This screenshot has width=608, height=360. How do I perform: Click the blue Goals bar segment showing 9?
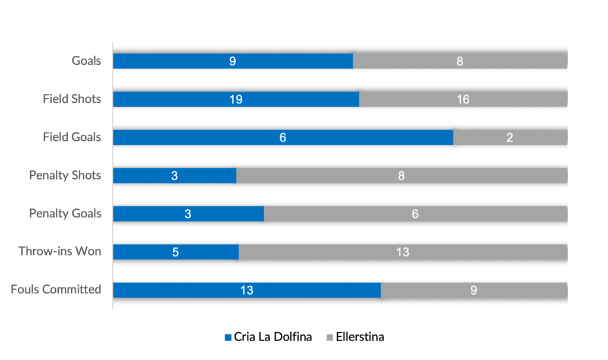pyautogui.click(x=233, y=61)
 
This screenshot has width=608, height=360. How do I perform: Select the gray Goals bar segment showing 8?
pyautogui.click(x=460, y=61)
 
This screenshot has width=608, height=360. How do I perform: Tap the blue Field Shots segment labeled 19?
pyautogui.click(x=236, y=99)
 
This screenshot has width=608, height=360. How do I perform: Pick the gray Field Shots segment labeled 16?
pyautogui.click(x=463, y=99)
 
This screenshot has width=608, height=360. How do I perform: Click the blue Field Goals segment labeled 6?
pyautogui.click(x=283, y=137)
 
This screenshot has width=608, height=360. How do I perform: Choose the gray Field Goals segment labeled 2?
pyautogui.click(x=509, y=137)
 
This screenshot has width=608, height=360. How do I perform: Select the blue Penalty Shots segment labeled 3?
pyautogui.click(x=175, y=175)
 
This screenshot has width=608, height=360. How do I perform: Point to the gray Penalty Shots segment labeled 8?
pyautogui.click(x=401, y=175)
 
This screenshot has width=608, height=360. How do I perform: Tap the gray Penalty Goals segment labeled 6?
pyautogui.click(x=415, y=213)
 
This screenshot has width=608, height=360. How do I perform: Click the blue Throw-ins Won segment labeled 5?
pyautogui.click(x=176, y=252)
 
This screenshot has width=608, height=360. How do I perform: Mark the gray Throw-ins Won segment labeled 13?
pyautogui.click(x=403, y=252)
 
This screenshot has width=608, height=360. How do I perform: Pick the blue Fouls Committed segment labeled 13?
pyautogui.click(x=246, y=290)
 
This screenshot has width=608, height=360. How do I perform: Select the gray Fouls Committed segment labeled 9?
pyautogui.click(x=473, y=290)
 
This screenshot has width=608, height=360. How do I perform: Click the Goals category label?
pyautogui.click(x=87, y=61)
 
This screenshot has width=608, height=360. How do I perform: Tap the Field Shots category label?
pyautogui.click(x=72, y=99)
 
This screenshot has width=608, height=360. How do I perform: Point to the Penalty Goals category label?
pyautogui.click(x=65, y=213)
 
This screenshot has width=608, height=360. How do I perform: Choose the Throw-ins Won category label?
pyautogui.click(x=60, y=252)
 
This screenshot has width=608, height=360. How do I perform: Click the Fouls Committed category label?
pyautogui.click(x=56, y=290)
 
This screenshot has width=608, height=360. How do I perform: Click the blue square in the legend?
pyautogui.click(x=229, y=337)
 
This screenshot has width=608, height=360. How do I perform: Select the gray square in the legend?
pyautogui.click(x=330, y=337)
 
